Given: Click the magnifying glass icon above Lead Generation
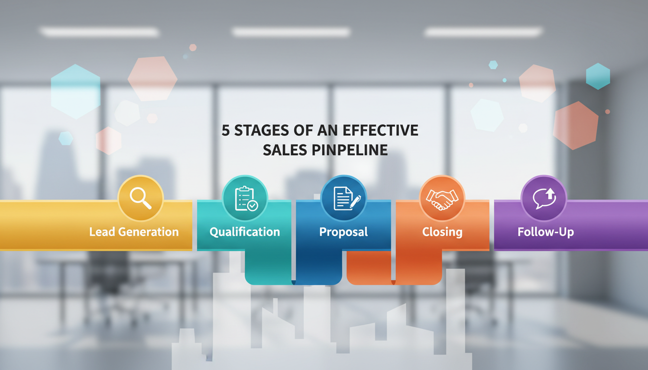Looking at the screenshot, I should pyautogui.click(x=141, y=198).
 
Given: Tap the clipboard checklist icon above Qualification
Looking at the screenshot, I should pyautogui.click(x=245, y=198).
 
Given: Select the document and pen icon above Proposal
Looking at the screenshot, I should pyautogui.click(x=344, y=198).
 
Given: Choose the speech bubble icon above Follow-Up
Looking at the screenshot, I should pyautogui.click(x=544, y=198).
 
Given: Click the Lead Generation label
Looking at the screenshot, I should pyautogui.click(x=134, y=232).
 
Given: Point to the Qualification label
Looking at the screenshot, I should pyautogui.click(x=244, y=232).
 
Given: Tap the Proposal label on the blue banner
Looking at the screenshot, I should pyautogui.click(x=343, y=232).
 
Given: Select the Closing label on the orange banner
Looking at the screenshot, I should pyautogui.click(x=442, y=232).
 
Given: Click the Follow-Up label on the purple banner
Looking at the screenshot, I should pyautogui.click(x=546, y=232).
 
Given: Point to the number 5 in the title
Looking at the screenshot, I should pyautogui.click(x=226, y=131).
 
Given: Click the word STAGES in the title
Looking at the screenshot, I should pyautogui.click(x=263, y=131).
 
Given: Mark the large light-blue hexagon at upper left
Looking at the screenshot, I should pyautogui.click(x=75, y=91).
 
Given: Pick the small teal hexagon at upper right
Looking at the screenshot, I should pyautogui.click(x=598, y=76).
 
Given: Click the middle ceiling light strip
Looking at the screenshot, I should pyautogui.click(x=291, y=32).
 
